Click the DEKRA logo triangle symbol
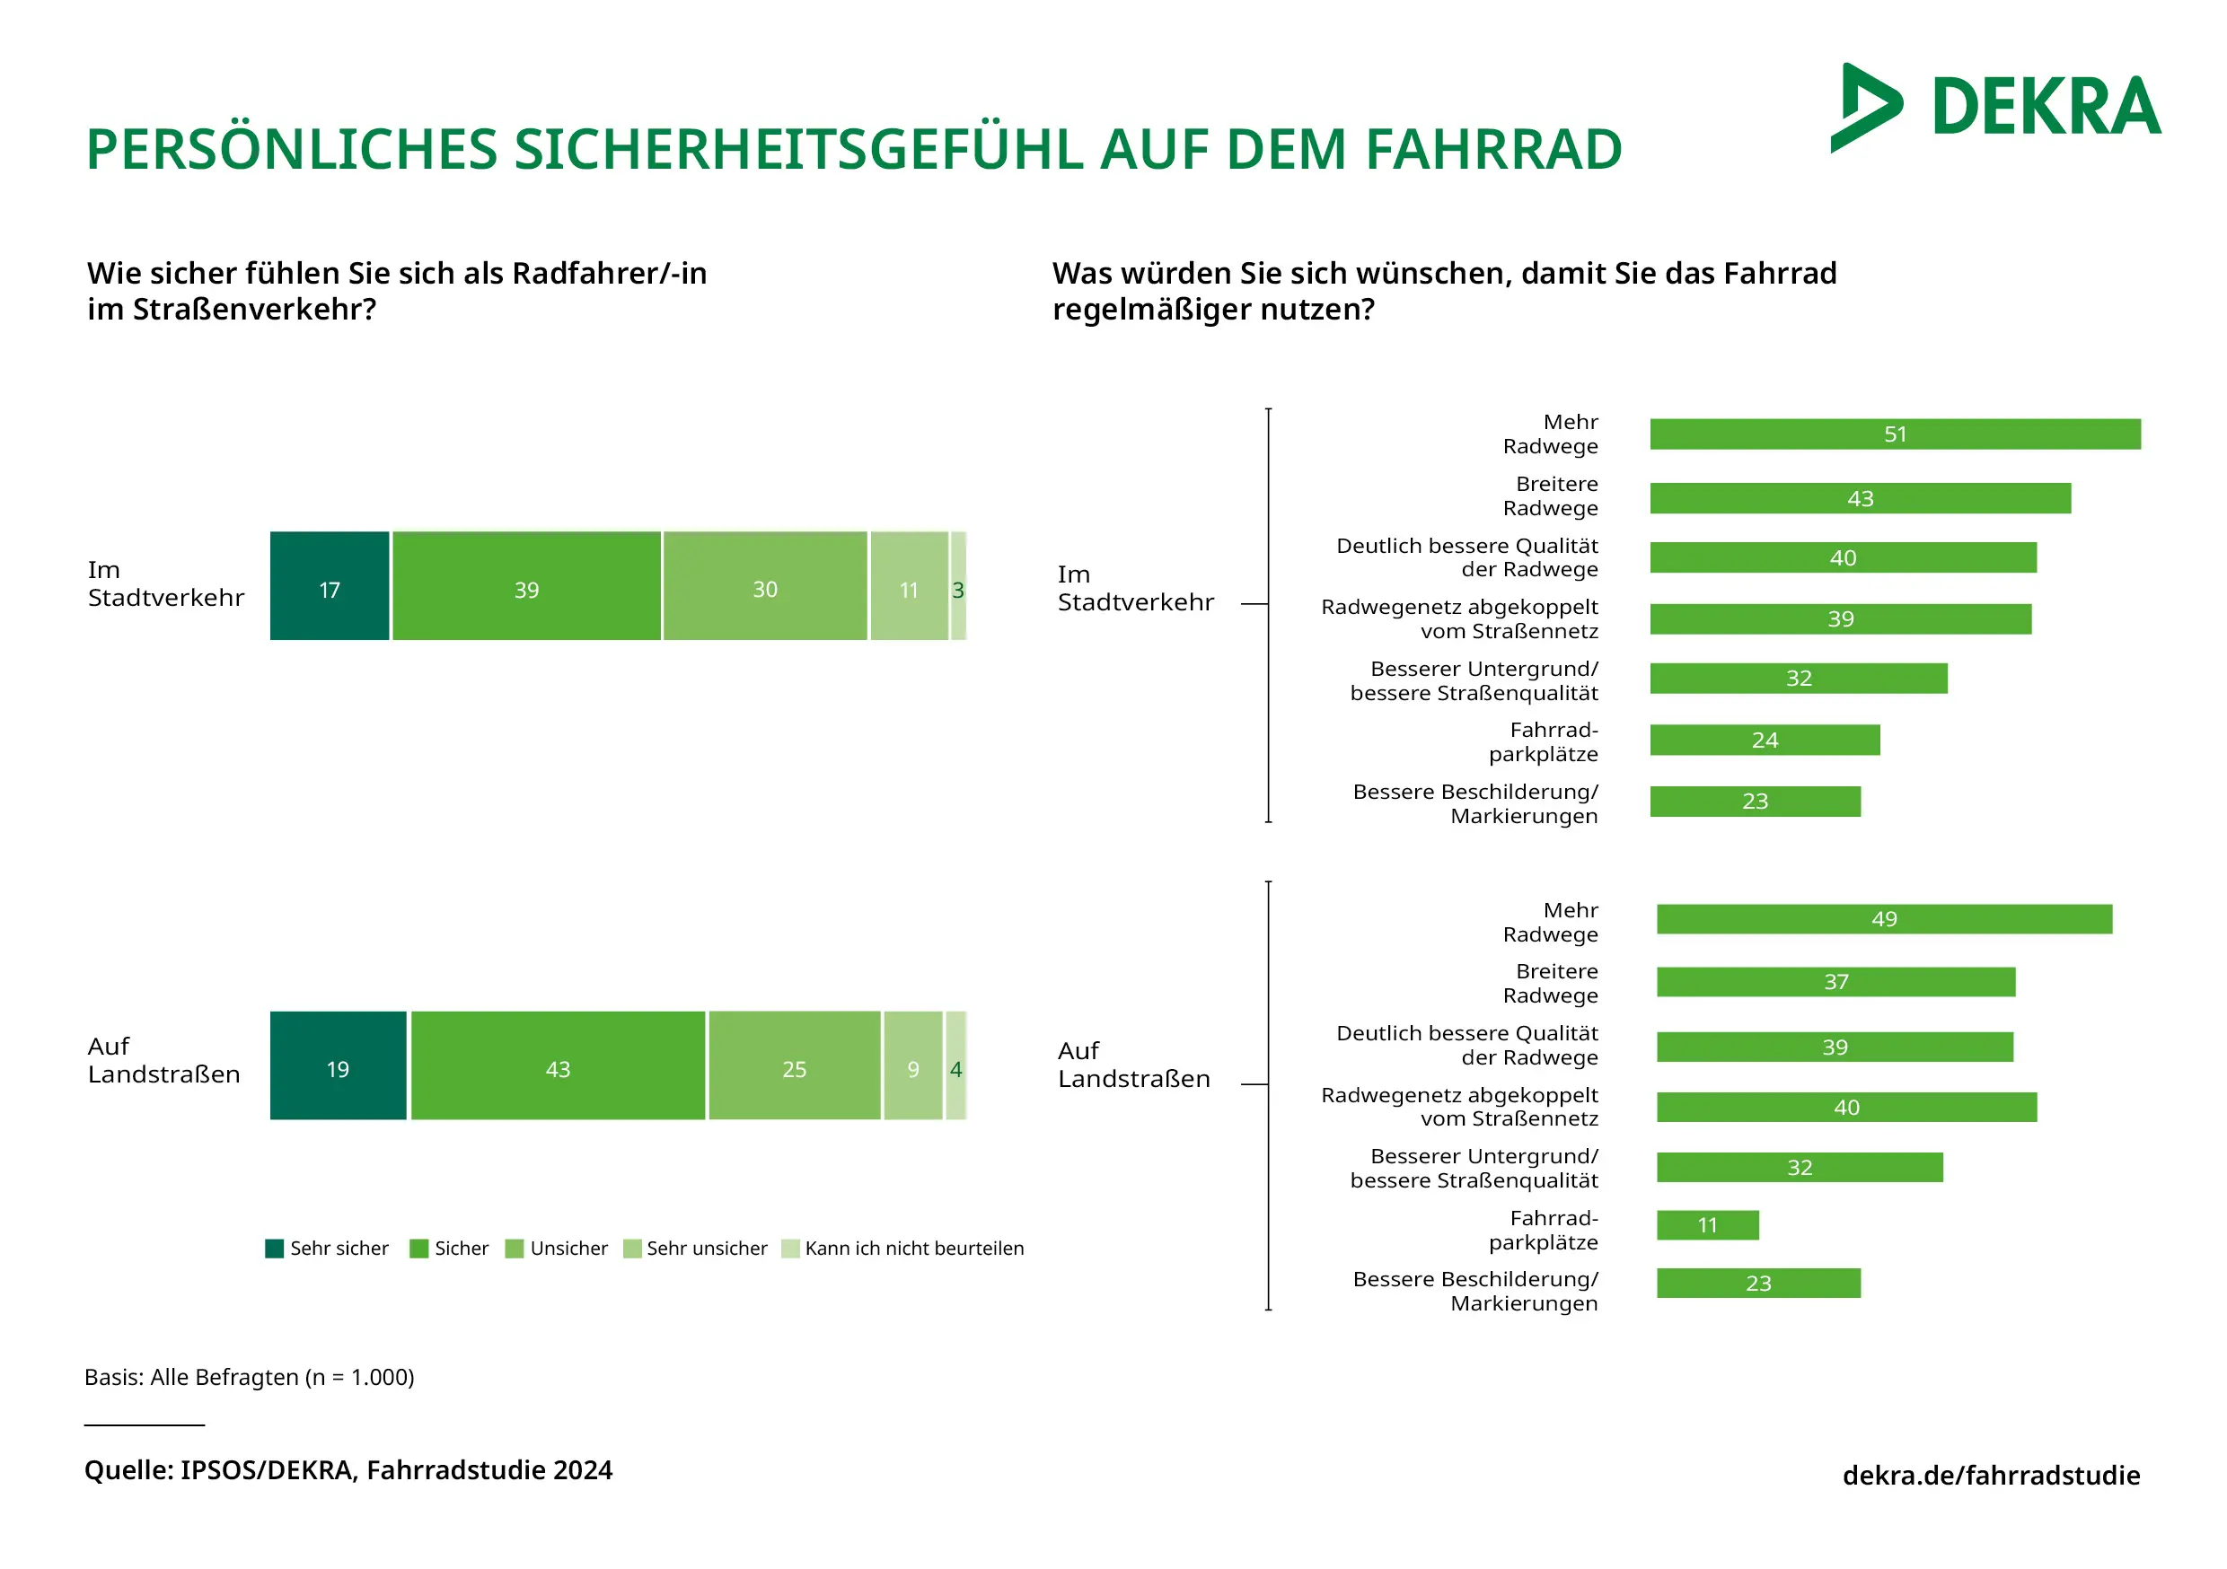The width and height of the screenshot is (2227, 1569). coord(1864,108)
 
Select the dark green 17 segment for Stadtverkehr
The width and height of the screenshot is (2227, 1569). coord(330,586)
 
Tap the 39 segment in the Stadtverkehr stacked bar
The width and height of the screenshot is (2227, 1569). coord(527,586)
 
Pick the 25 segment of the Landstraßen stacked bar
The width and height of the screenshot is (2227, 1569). coord(795,1065)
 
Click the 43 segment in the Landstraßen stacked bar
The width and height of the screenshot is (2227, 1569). coord(558,1065)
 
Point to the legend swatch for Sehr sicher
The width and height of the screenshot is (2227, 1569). coord(275,1248)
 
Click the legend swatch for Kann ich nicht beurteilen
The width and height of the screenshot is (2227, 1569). coord(790,1248)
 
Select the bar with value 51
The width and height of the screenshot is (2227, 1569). coord(1896,434)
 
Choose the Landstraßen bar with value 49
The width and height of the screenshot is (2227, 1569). coord(1884,919)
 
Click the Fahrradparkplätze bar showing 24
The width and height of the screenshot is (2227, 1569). coord(1765,740)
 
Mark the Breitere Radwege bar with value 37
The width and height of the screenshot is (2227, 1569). coord(1835,981)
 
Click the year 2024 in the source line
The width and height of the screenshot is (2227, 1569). coord(582,1470)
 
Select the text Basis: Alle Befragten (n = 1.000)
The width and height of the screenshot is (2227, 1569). coord(250,1377)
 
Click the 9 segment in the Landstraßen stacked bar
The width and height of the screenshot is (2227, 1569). coord(912,1065)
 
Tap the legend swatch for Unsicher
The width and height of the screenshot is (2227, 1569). coord(514,1248)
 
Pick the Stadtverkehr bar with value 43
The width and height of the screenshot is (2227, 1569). coord(1861,498)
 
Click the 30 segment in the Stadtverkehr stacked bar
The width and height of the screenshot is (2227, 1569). coord(765,586)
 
